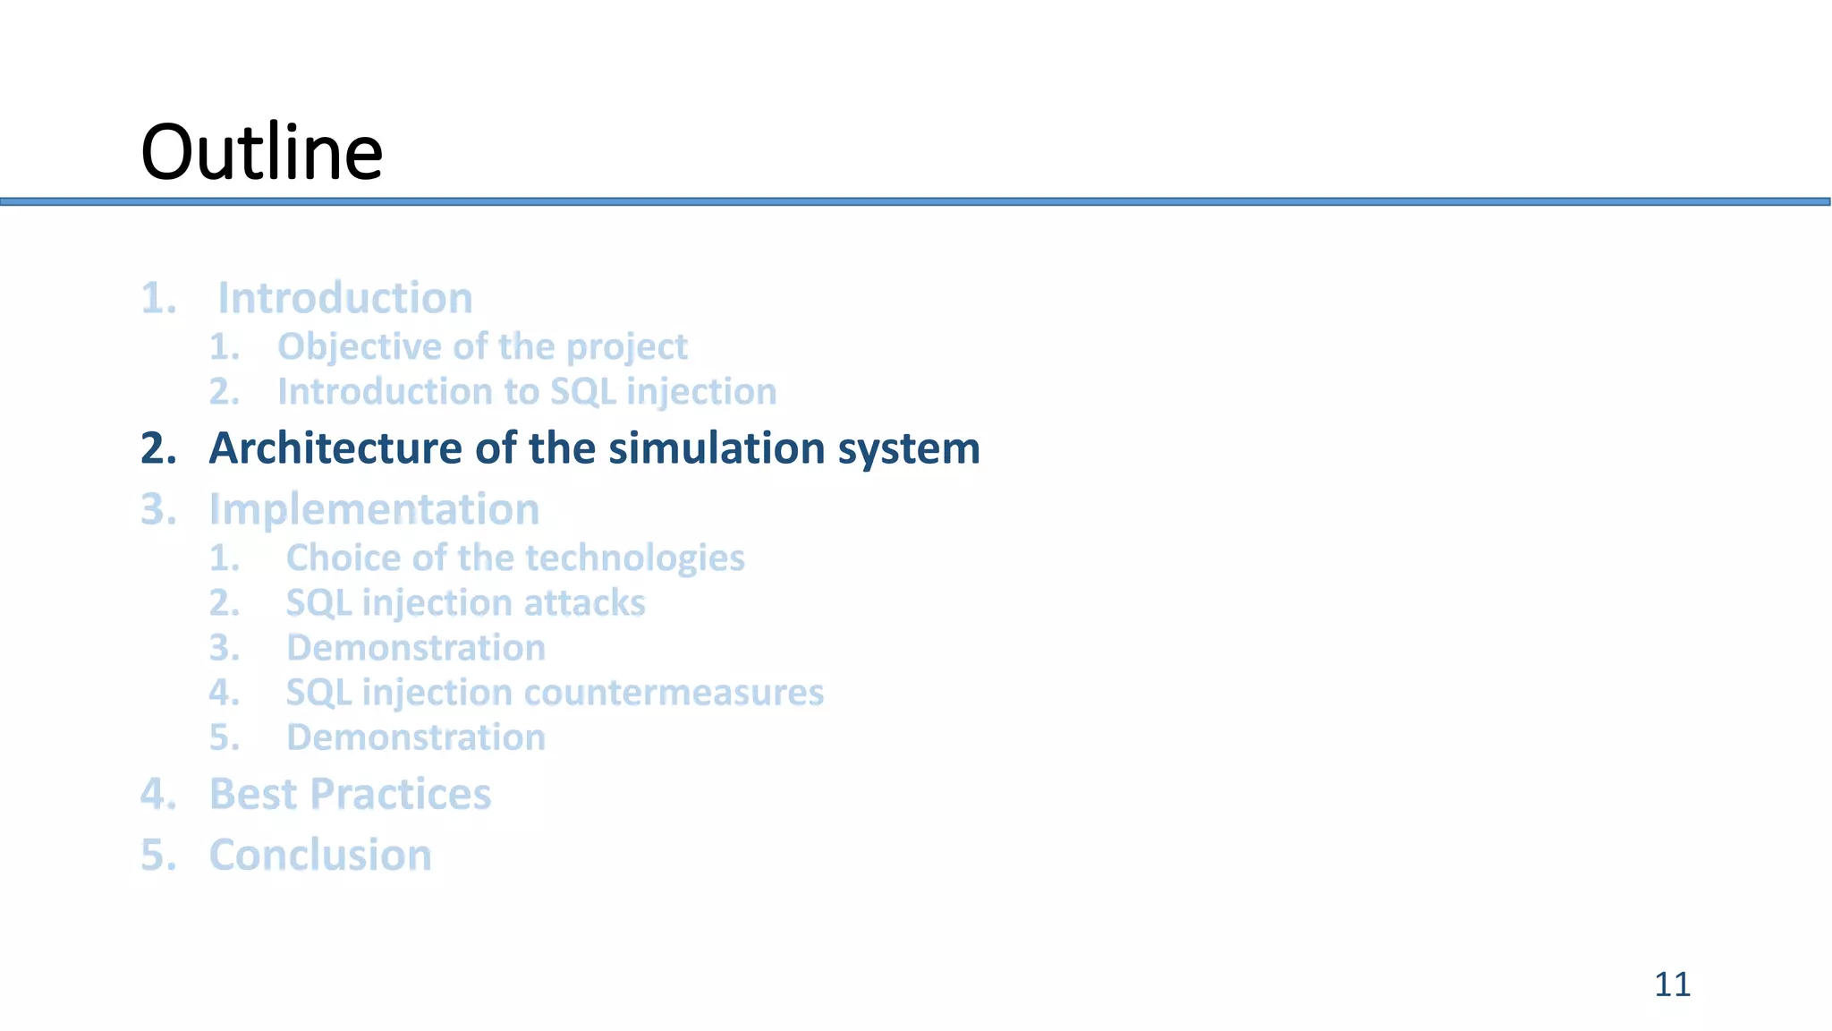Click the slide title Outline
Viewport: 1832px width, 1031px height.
click(262, 152)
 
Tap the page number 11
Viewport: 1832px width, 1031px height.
click(1672, 984)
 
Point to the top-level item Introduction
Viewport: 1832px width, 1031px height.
click(345, 298)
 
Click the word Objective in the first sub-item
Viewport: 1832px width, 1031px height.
click(335, 347)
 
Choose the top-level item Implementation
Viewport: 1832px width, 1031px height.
click(374, 509)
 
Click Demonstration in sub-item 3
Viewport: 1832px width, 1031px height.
click(416, 648)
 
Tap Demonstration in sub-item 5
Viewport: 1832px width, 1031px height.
click(416, 737)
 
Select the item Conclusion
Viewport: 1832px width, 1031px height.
click(320, 855)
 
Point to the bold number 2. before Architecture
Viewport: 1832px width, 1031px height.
click(158, 448)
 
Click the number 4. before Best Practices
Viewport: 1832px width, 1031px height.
click(158, 794)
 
